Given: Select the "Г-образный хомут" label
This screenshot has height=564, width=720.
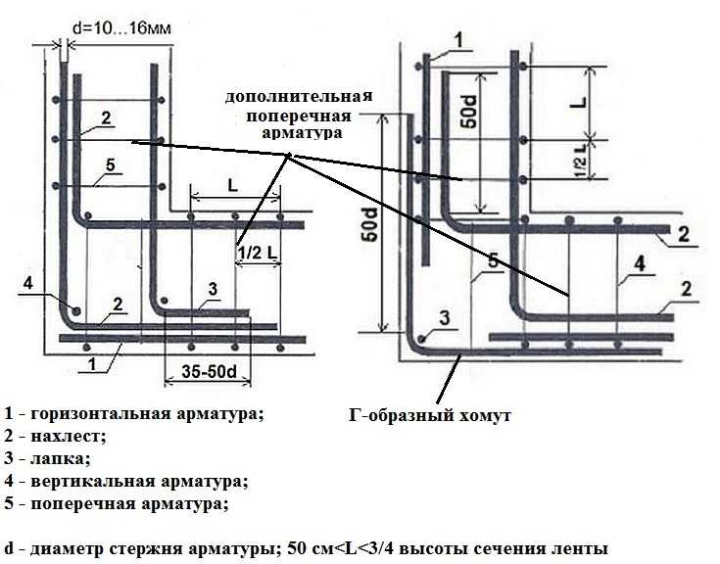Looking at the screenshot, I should tap(430, 415).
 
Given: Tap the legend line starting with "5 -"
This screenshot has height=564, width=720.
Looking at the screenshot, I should tap(117, 504).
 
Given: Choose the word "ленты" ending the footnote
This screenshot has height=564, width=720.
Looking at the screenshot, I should tap(584, 549).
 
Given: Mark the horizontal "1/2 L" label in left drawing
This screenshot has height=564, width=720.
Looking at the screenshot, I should tap(259, 253).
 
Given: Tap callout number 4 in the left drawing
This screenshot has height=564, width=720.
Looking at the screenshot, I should tap(28, 283).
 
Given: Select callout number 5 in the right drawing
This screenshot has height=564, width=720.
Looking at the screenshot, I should tap(493, 260).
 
